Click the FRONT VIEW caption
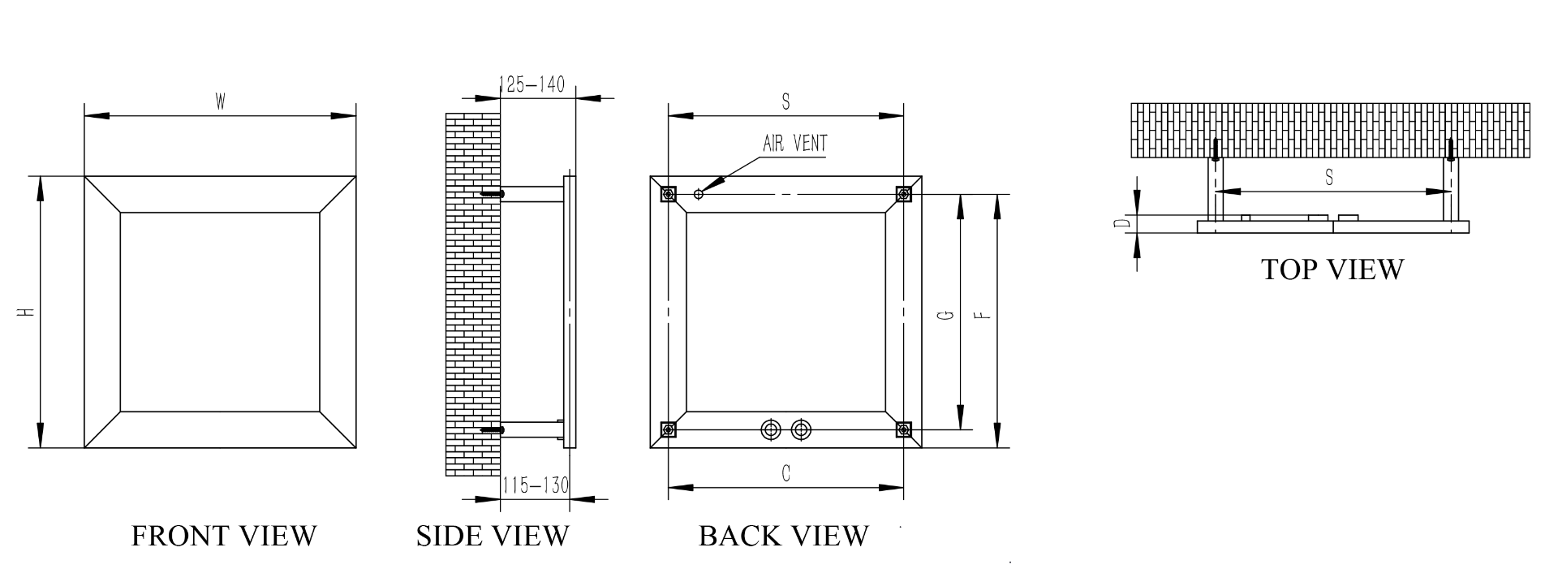point(224,536)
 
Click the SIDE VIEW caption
point(493,536)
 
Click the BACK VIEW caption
point(784,536)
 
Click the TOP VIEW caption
point(1332,269)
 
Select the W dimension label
point(220,102)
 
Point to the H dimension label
point(27,312)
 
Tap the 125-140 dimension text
point(532,84)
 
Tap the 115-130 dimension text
point(535,485)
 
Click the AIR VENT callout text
point(795,144)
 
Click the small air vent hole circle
point(699,193)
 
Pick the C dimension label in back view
point(785,474)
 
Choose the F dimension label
point(982,315)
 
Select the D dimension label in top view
point(1121,223)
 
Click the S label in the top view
point(1328,178)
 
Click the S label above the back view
point(785,102)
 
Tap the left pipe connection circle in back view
point(768,429)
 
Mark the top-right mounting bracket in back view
point(902,194)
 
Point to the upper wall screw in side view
point(493,194)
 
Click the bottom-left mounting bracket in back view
point(669,429)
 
